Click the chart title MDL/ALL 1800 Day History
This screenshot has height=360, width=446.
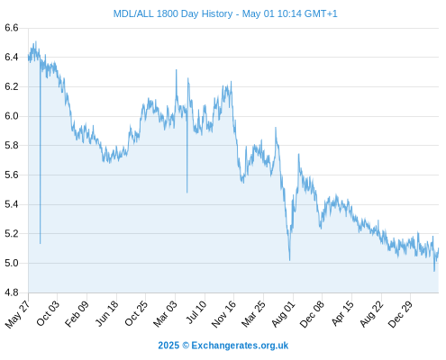click(173, 13)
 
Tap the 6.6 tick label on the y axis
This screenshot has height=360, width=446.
click(12, 28)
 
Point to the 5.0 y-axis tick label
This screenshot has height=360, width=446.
click(12, 263)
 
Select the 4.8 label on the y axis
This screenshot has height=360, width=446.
click(12, 292)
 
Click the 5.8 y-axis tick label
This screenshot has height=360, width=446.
click(12, 146)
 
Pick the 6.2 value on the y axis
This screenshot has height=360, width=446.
click(12, 86)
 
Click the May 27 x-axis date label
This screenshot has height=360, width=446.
click(18, 314)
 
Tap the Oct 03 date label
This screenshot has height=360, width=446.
click(48, 313)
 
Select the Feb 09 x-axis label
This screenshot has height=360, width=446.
click(77, 314)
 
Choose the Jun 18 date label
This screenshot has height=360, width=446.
click(107, 313)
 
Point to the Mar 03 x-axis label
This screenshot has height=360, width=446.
click(166, 314)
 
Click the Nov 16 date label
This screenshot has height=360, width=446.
click(223, 314)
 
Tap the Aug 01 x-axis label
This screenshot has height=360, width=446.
click(284, 314)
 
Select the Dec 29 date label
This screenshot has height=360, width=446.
click(400, 314)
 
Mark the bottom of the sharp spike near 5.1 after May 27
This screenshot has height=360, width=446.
click(40, 243)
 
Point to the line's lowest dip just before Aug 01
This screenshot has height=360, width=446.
click(289, 260)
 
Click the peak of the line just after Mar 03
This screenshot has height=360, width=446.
click(177, 70)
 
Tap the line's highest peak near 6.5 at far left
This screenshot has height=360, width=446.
click(36, 41)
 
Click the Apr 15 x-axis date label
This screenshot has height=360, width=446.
click(342, 314)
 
